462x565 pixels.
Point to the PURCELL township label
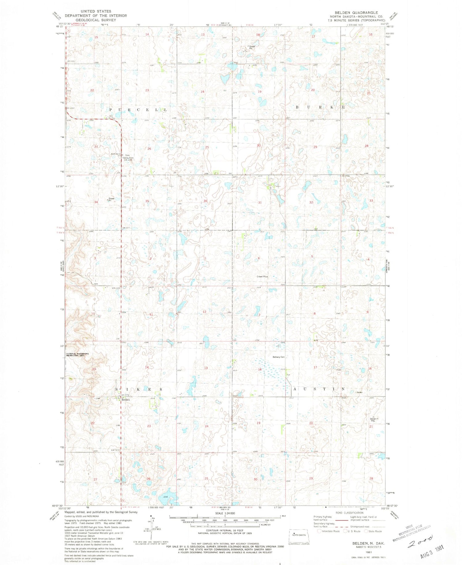tap(138, 110)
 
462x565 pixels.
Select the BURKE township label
tap(320, 107)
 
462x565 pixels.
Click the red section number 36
tap(205, 201)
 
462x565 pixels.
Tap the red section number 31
tap(260, 203)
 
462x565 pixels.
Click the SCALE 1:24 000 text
tap(225, 513)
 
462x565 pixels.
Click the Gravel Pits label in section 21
tap(373, 419)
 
